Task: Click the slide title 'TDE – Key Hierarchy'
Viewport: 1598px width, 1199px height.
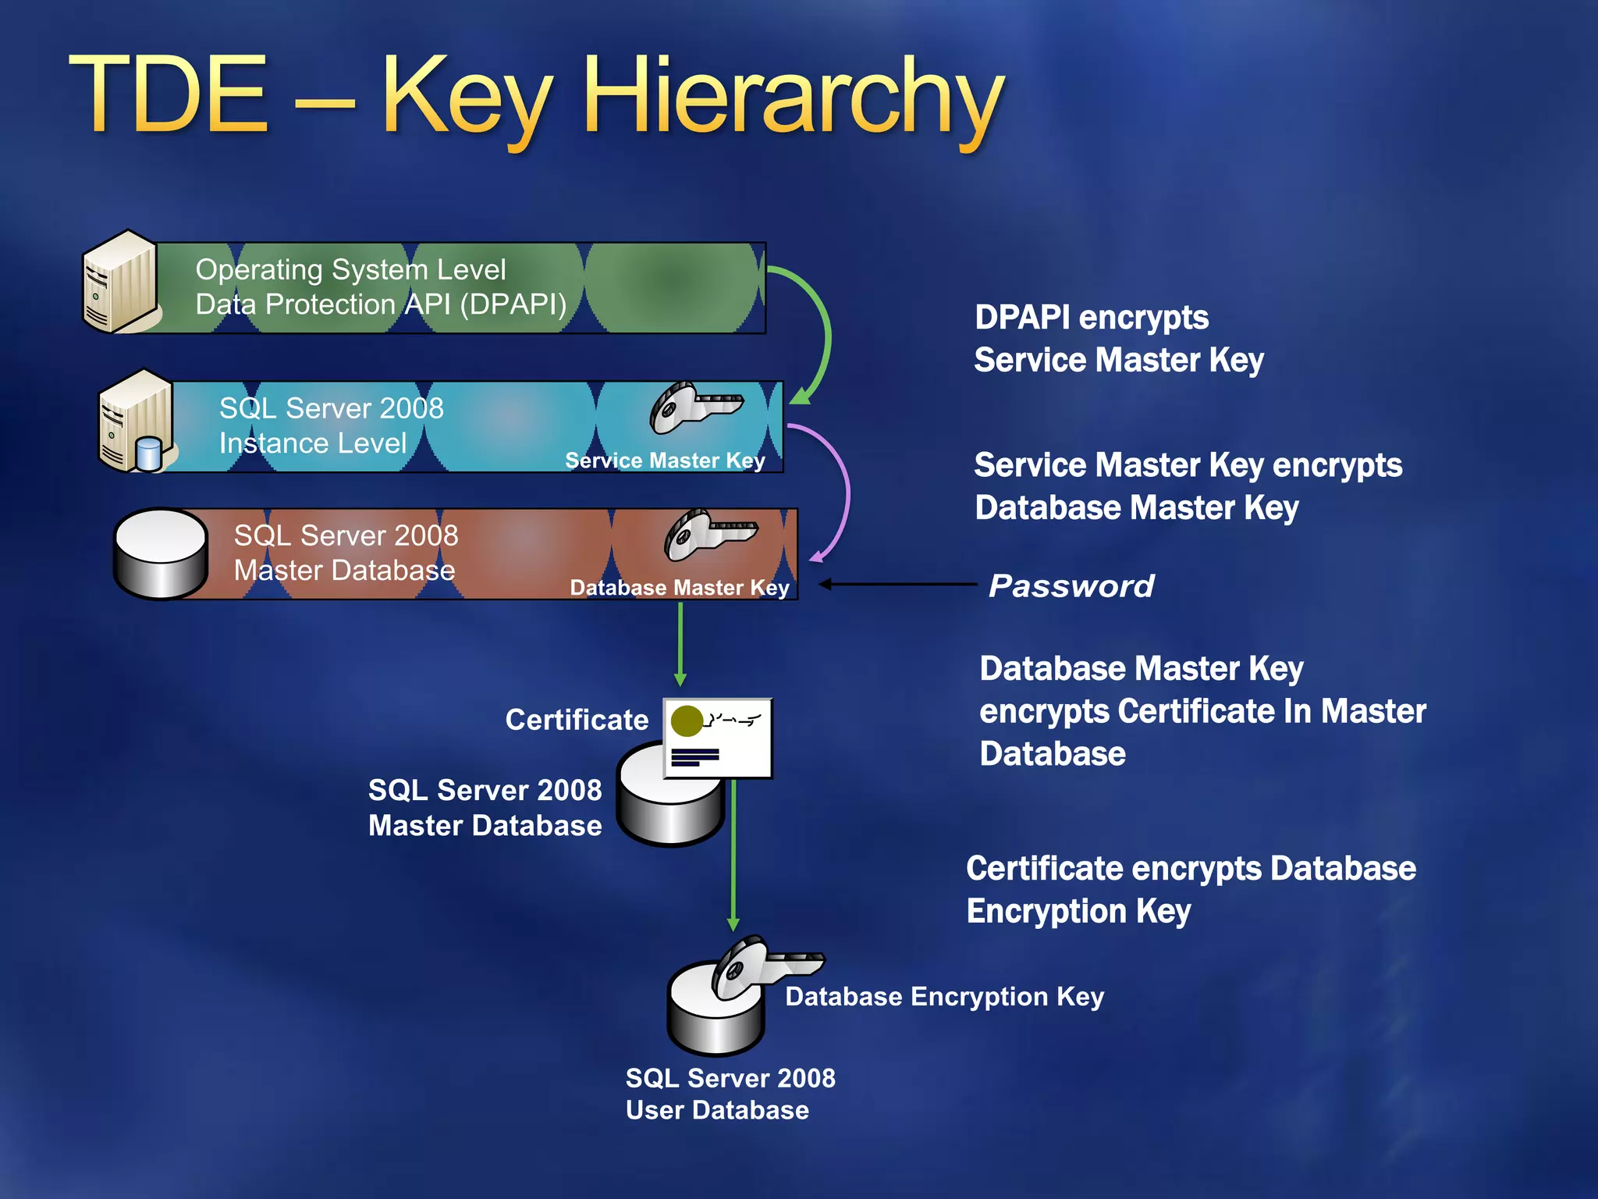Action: (537, 98)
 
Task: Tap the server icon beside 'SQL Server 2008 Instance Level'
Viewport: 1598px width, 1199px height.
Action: (134, 423)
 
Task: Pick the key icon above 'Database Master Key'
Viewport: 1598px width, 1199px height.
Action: (708, 535)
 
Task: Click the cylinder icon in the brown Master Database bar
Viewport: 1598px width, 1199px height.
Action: (161, 553)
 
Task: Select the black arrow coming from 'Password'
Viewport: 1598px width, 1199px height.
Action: (897, 584)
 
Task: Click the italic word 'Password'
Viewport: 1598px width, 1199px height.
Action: (1071, 586)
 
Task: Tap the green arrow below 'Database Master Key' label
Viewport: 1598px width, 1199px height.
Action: (680, 644)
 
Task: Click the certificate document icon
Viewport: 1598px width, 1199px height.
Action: (718, 738)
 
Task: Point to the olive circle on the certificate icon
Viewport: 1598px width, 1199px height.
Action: (687, 720)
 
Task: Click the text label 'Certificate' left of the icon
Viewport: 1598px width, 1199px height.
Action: (577, 720)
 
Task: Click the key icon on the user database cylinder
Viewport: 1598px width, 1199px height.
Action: (761, 968)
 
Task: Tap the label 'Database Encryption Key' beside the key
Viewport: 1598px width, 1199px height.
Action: (944, 997)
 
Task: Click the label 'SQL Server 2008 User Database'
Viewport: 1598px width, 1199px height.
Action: (730, 1094)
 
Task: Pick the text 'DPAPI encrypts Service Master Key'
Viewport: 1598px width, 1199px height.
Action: (1118, 339)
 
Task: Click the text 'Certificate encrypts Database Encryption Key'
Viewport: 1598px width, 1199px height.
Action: (1191, 890)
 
